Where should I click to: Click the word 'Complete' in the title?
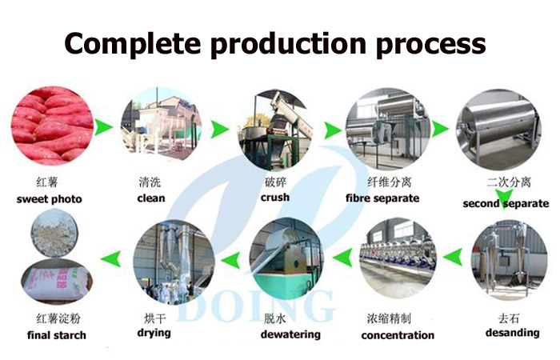[132, 43]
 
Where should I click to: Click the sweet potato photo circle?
[52, 126]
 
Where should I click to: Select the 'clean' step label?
[151, 198]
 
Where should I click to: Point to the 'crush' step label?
[275, 198]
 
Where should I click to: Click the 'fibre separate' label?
[382, 198]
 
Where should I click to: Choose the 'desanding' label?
[512, 333]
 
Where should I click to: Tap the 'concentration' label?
[398, 335]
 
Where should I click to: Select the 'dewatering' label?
[290, 334]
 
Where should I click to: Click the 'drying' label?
[154, 334]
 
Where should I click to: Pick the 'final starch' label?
[57, 335]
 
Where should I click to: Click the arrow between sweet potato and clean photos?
[104, 127]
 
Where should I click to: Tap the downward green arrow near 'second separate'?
[504, 198]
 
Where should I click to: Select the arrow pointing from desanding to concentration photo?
[453, 257]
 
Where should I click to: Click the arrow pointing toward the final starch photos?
[110, 258]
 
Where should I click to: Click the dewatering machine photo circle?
[286, 259]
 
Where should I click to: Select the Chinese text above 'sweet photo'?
[47, 182]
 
